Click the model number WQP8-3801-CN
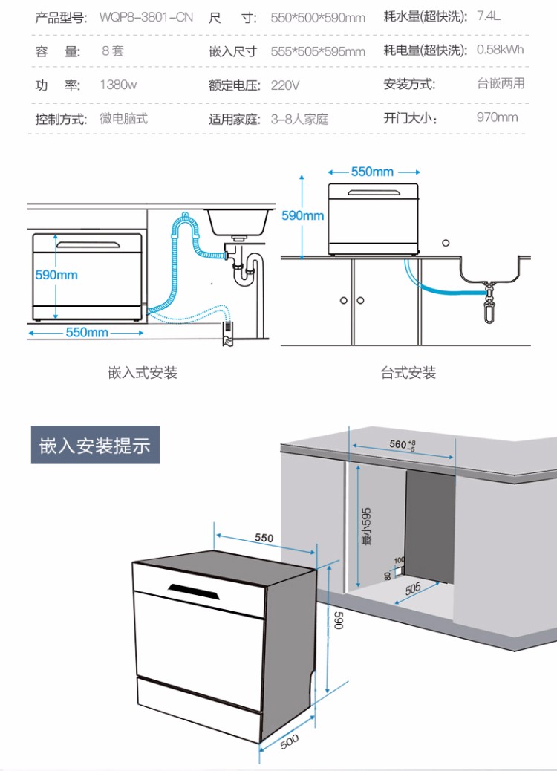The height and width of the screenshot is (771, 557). pyautogui.click(x=146, y=17)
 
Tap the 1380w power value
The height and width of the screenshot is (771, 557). pyautogui.click(x=118, y=85)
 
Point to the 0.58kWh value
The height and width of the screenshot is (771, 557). pyautogui.click(x=500, y=50)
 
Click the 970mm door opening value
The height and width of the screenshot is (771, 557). pyautogui.click(x=497, y=117)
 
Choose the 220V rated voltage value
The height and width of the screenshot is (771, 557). pyautogui.click(x=285, y=85)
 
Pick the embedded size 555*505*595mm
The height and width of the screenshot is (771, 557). pyautogui.click(x=318, y=51)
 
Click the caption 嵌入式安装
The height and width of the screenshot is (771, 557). pyautogui.click(x=143, y=372)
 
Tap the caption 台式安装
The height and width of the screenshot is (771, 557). pyautogui.click(x=408, y=372)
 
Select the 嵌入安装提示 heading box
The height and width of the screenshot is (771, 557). pyautogui.click(x=95, y=446)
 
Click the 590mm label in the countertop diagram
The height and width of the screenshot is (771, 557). pyautogui.click(x=302, y=215)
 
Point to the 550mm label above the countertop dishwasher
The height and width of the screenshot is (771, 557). pyautogui.click(x=372, y=172)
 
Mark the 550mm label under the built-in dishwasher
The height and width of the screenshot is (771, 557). pyautogui.click(x=87, y=332)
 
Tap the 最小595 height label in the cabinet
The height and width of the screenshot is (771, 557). pyautogui.click(x=366, y=526)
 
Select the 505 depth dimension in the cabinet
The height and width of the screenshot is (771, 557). pyautogui.click(x=414, y=588)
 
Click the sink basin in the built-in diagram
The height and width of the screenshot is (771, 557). pyautogui.click(x=238, y=220)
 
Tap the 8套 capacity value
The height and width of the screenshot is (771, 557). pyautogui.click(x=113, y=51)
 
